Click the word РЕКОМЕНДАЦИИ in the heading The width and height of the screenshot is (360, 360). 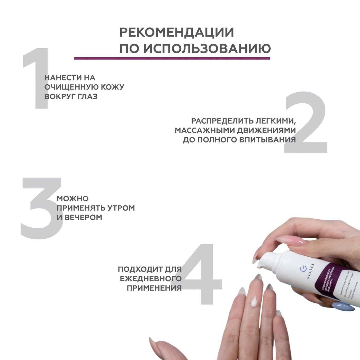(x=177, y=32)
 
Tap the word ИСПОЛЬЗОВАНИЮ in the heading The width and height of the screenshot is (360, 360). (x=207, y=49)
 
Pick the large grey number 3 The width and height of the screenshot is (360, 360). (x=41, y=208)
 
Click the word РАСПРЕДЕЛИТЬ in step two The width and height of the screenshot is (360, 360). (x=222, y=121)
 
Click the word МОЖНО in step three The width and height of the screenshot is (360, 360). (x=73, y=199)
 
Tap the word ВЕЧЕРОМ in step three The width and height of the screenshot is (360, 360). (x=83, y=218)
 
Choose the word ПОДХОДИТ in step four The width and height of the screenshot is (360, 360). (x=140, y=269)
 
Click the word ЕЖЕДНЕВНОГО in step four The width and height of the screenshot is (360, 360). (x=151, y=279)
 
